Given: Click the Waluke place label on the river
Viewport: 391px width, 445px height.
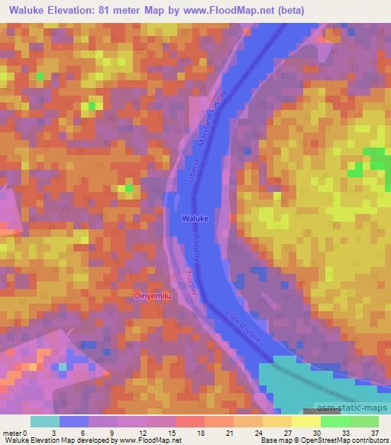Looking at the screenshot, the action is [x=195, y=219].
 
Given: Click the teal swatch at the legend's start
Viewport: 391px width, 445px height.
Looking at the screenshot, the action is [x=45, y=421].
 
